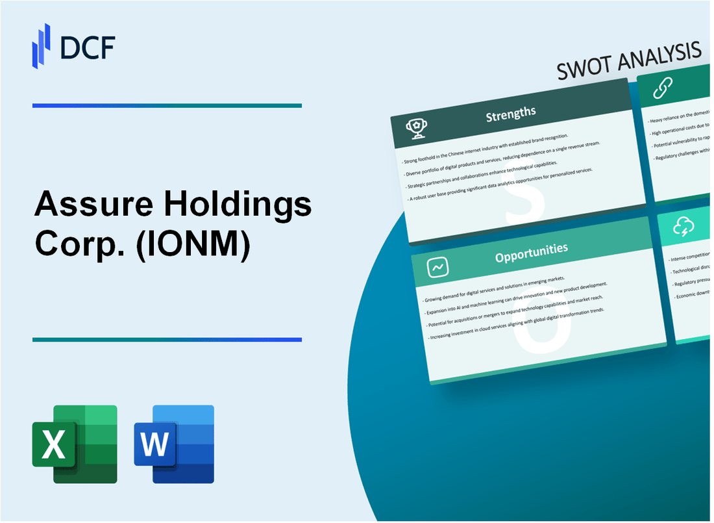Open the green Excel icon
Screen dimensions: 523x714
[x=75, y=444]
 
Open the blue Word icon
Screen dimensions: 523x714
[x=174, y=444]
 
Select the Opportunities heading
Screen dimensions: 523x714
[x=531, y=250]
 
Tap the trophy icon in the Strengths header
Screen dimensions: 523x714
[x=416, y=129]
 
